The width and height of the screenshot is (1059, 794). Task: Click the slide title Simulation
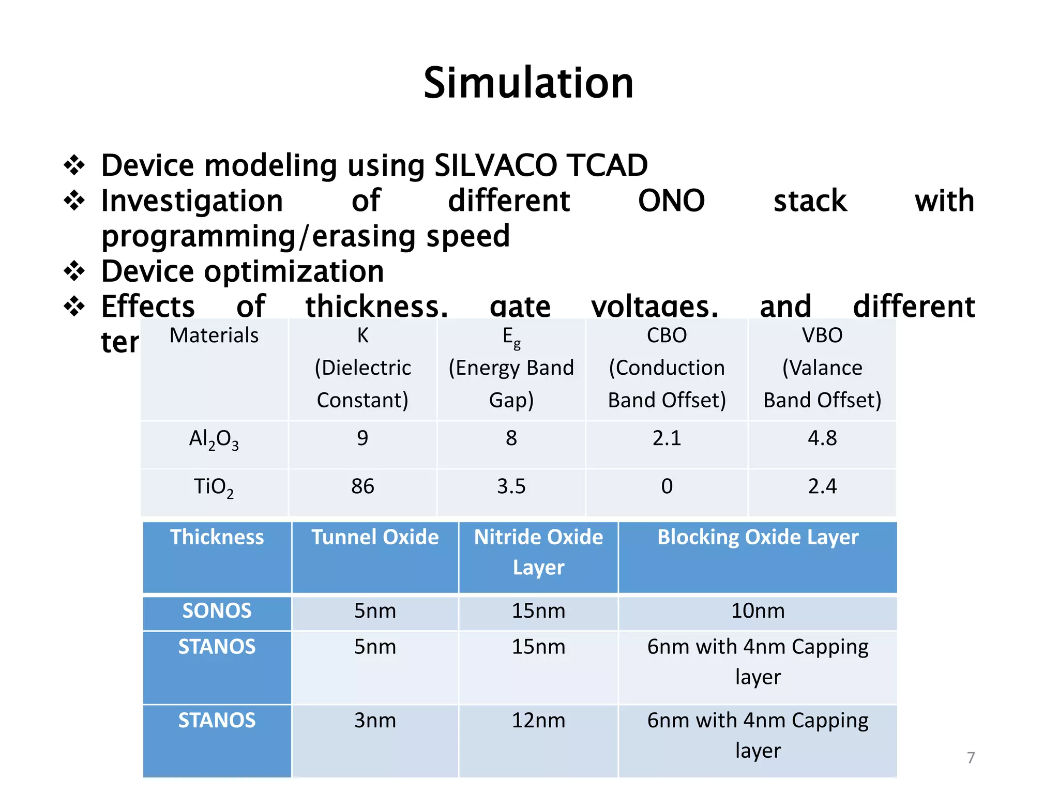(528, 83)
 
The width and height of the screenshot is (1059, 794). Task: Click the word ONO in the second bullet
(671, 201)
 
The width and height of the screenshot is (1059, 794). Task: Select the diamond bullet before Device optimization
(74, 271)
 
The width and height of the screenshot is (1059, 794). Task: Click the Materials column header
(214, 335)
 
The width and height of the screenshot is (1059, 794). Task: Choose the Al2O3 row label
(214, 439)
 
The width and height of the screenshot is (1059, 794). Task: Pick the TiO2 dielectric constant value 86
(362, 486)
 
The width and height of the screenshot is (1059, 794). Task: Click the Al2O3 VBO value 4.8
(822, 438)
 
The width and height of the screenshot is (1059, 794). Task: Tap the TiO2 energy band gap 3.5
(511, 486)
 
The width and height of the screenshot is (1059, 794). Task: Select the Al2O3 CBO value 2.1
(667, 438)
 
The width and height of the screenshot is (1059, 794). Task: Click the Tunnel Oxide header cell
(375, 537)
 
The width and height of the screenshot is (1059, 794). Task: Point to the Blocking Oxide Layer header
(758, 537)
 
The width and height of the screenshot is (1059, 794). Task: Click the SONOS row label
(217, 611)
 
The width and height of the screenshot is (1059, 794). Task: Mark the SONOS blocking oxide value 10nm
(758, 611)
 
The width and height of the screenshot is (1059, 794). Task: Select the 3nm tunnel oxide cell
(375, 721)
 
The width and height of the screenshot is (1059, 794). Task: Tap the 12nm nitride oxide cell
(538, 721)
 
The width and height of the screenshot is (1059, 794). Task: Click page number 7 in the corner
(971, 758)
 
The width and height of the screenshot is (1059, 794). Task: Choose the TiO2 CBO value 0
(667, 486)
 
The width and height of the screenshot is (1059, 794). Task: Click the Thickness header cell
(217, 537)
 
